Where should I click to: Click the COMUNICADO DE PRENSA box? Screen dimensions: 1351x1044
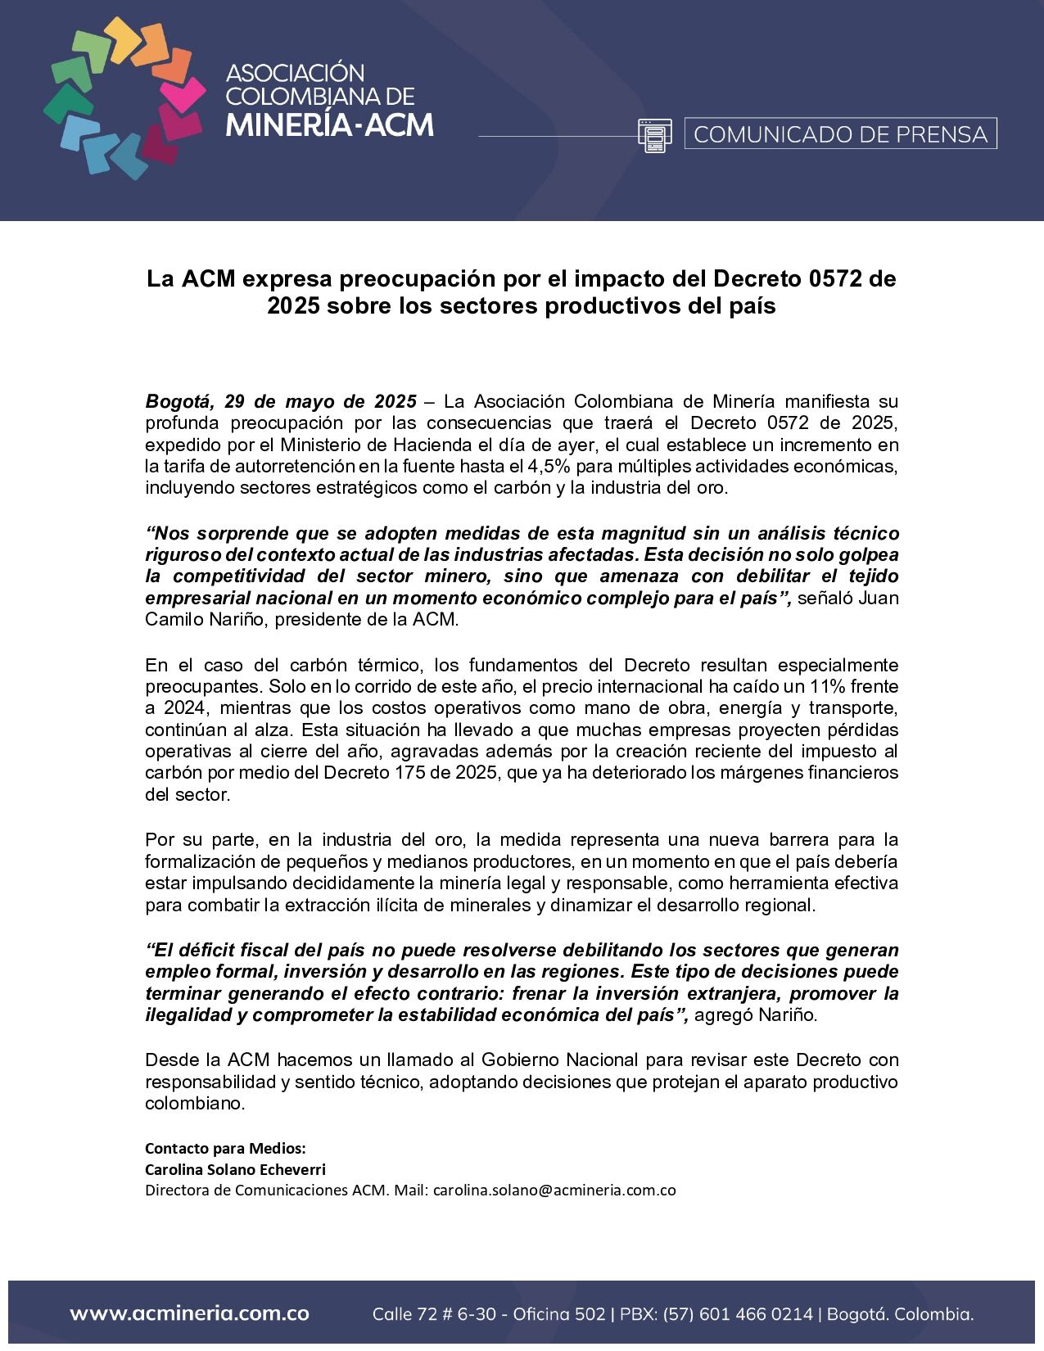tap(840, 133)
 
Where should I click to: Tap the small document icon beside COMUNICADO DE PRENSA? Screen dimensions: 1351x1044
tap(654, 135)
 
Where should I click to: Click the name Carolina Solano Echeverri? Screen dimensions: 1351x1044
tap(235, 1168)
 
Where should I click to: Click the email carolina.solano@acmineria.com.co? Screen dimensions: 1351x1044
tap(554, 1190)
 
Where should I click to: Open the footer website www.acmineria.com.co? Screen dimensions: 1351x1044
tap(189, 1314)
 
